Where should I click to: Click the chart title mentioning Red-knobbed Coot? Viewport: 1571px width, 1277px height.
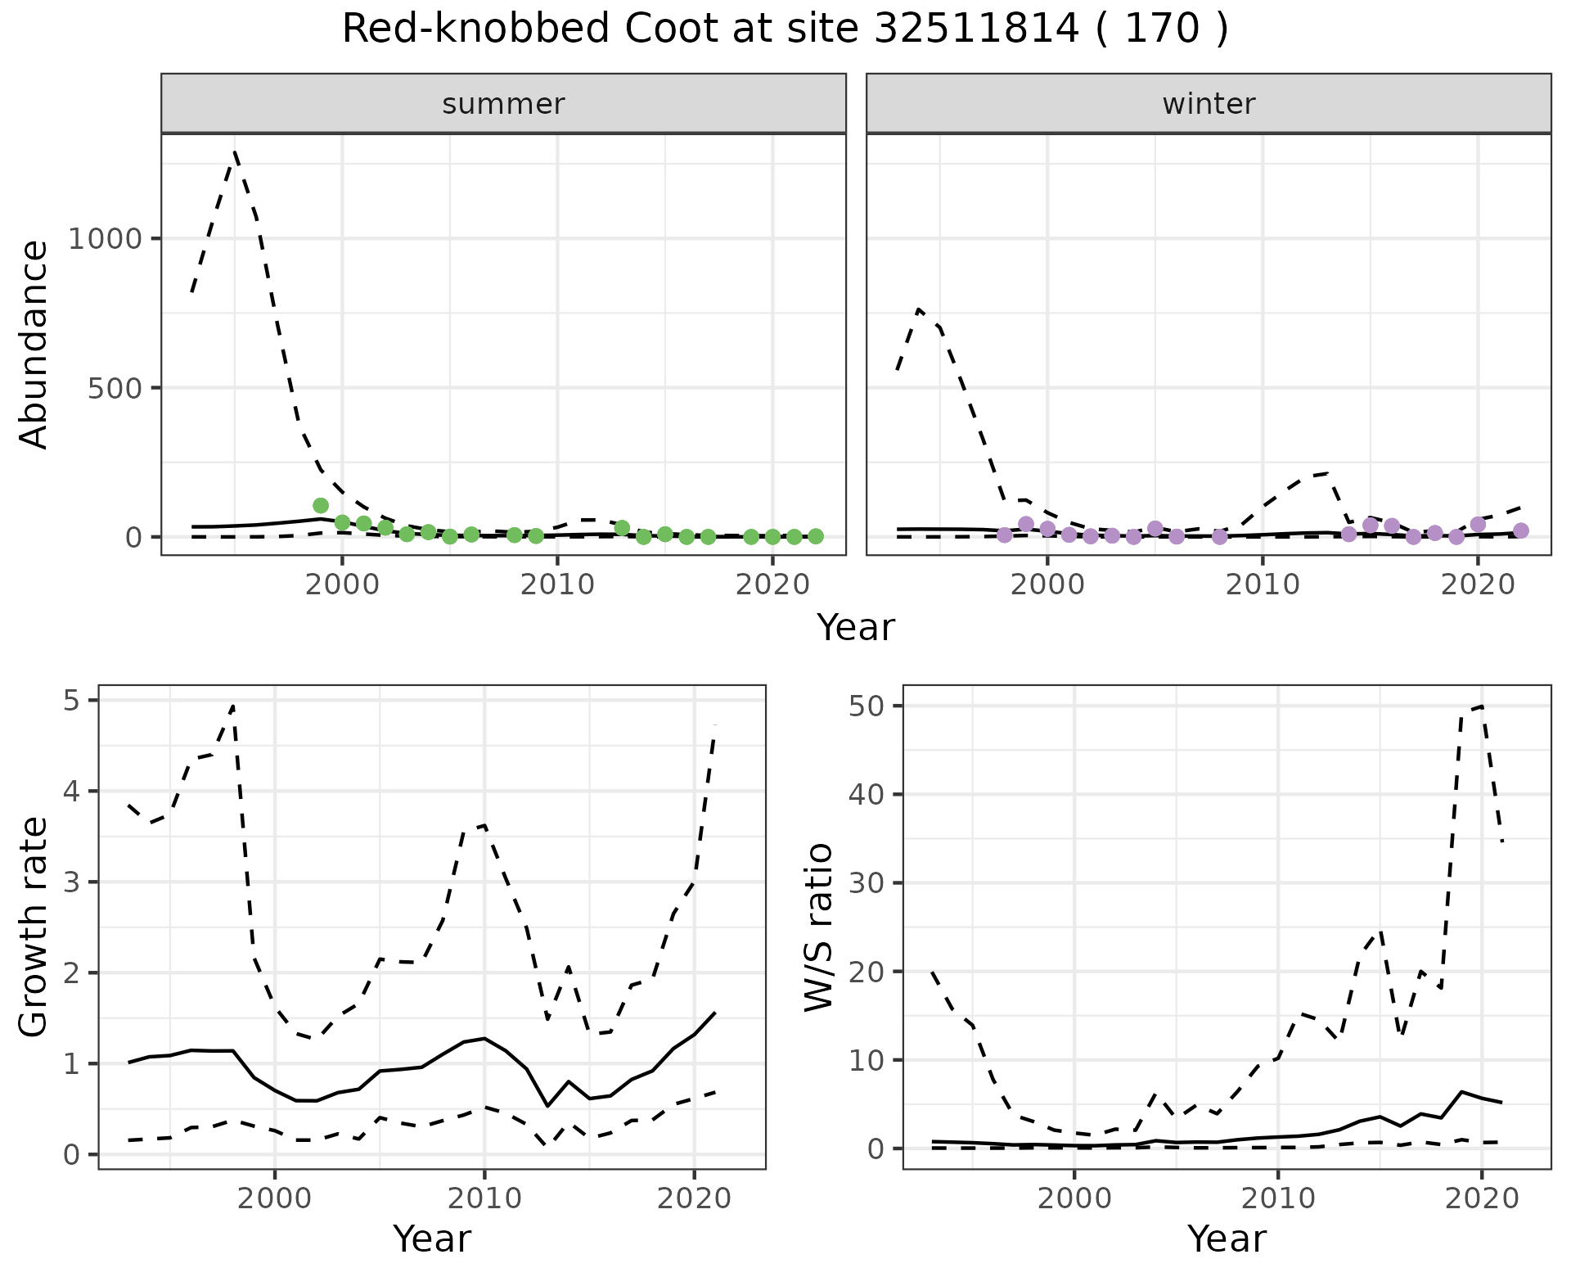(x=785, y=29)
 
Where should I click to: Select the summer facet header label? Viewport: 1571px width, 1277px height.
(x=503, y=104)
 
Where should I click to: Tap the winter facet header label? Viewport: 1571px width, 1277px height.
(x=1209, y=104)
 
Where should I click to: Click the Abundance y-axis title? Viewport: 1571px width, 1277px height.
(x=34, y=344)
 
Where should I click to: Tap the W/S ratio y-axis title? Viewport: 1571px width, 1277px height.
(x=819, y=927)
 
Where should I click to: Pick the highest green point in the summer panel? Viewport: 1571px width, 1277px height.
(x=321, y=505)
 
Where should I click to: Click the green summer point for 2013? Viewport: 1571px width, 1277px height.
(x=622, y=527)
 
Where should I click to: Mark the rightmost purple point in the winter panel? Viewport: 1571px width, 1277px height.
(x=1521, y=530)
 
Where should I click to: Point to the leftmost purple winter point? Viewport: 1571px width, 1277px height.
(x=1005, y=535)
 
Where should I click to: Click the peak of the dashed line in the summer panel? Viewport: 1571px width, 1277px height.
(x=236, y=153)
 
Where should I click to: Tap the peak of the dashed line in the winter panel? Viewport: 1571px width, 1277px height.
(x=919, y=309)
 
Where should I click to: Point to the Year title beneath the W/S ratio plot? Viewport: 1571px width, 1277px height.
(x=1227, y=1239)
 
